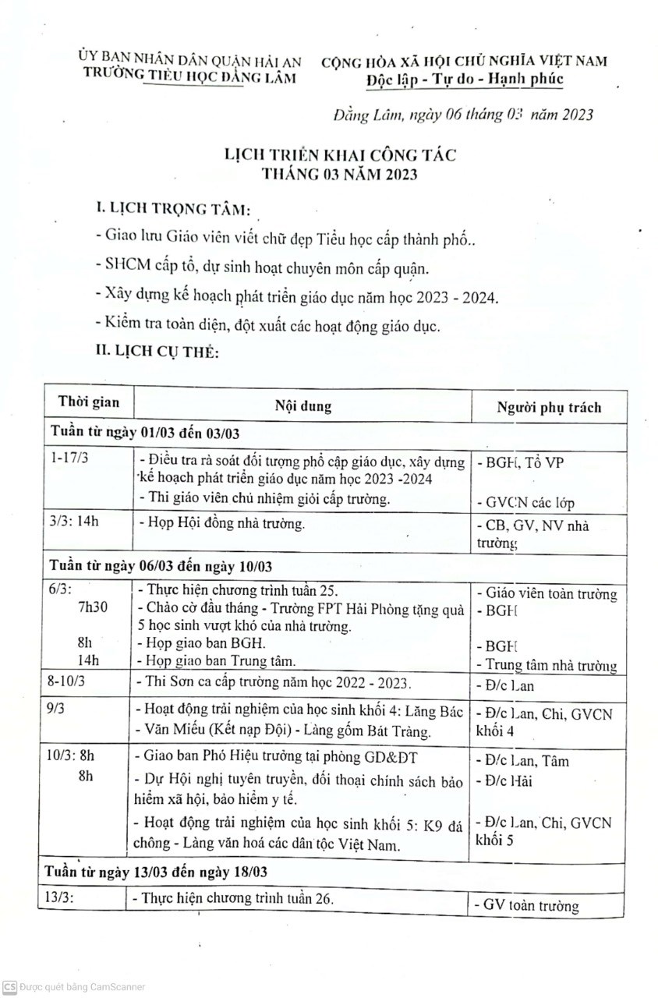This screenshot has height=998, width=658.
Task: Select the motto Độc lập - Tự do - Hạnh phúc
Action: click(464, 80)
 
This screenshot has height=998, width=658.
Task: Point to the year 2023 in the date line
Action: click(569, 115)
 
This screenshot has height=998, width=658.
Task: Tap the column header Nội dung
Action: click(302, 406)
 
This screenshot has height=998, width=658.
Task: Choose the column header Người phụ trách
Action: click(549, 407)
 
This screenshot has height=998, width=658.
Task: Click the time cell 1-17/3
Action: click(69, 458)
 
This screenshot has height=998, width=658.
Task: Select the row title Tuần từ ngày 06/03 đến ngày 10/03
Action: click(161, 564)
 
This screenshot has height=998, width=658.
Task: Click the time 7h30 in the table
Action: click(94, 607)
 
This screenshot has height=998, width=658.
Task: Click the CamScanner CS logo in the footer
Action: click(9, 987)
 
